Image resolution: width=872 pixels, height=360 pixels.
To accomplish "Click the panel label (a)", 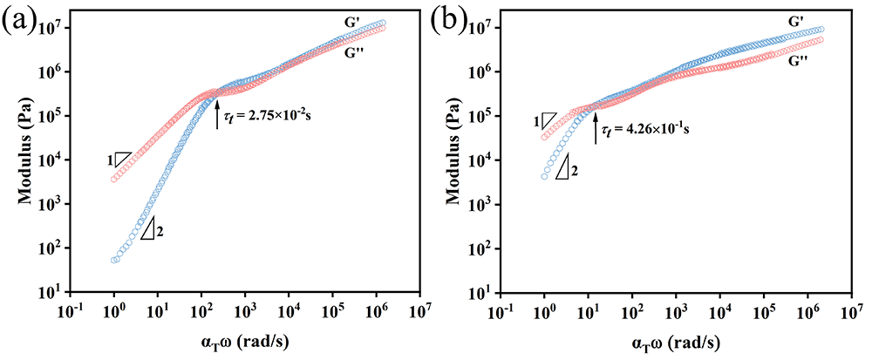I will (x=18, y=20).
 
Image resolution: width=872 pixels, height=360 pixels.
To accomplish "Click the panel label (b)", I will (x=448, y=20).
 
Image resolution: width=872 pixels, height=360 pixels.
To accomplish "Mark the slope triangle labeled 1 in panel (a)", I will (x=121, y=160).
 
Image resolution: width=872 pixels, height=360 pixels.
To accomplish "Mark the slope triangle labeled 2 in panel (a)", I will (x=147, y=229).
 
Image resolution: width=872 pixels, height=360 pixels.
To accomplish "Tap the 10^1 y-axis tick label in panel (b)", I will (x=479, y=293).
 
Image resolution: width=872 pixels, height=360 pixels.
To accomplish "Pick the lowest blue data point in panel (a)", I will (x=114, y=260).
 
